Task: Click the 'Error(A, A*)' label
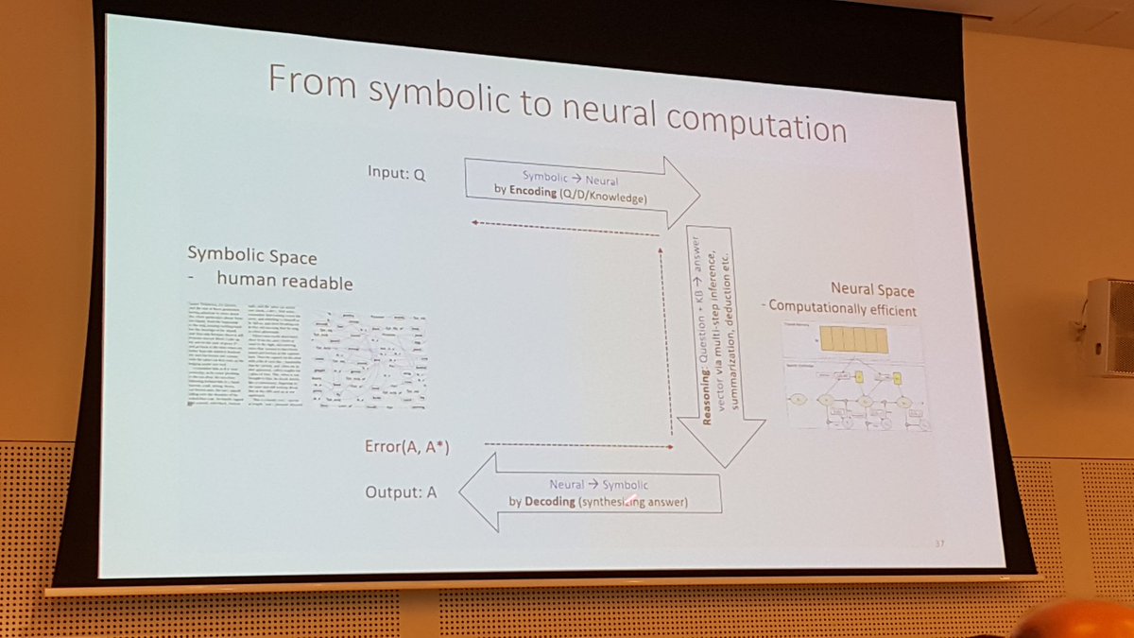click(x=406, y=446)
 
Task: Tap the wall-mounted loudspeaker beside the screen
click(x=1109, y=325)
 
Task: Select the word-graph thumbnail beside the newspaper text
click(x=369, y=360)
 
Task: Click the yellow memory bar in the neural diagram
click(x=853, y=339)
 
